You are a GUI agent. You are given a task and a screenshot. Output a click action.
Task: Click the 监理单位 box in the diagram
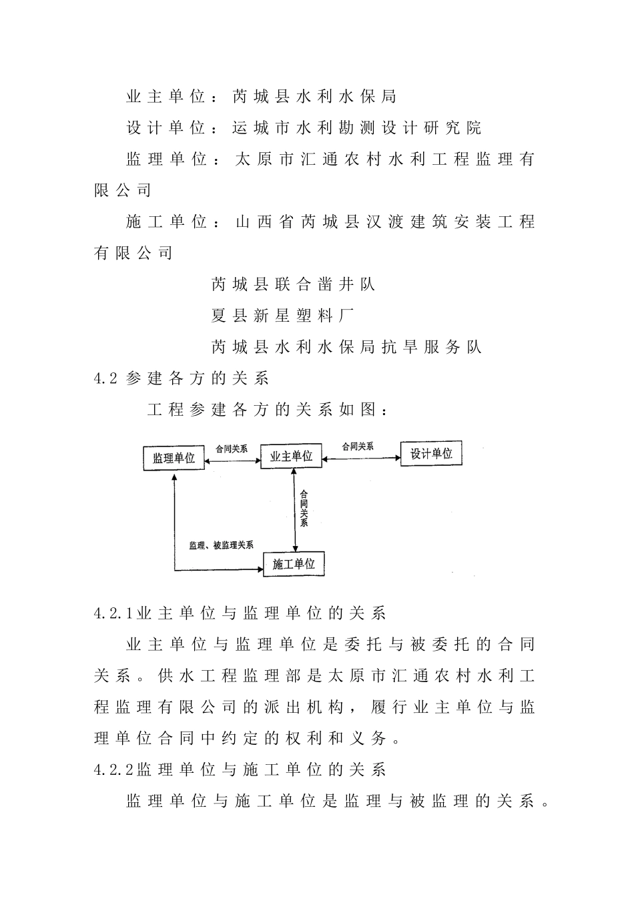pos(174,458)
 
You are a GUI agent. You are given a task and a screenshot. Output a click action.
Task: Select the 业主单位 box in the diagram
pos(291,457)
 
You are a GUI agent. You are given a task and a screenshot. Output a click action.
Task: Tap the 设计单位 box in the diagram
pos(431,454)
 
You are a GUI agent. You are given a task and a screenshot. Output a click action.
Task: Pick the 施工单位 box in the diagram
pos(294,564)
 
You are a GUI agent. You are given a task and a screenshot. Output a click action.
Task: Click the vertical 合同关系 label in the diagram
pos(304,509)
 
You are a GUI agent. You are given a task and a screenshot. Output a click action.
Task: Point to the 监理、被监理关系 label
pos(221,545)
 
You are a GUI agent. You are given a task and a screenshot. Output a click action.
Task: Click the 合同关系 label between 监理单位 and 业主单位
pos(232,449)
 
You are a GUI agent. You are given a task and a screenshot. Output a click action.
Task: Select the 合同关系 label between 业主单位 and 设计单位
pos(358,446)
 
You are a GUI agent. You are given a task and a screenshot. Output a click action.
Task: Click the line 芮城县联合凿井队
pos(293,284)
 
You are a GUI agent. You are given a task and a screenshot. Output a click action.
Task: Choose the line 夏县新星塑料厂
pos(282,316)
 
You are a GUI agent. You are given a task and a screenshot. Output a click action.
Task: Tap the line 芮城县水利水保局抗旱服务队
pos(346,347)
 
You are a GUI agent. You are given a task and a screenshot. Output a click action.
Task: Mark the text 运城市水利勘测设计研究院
pos(356,127)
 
